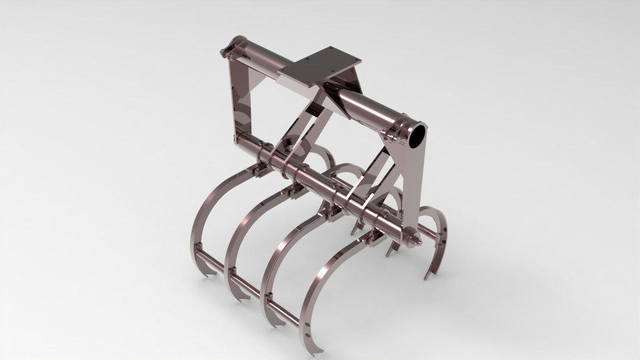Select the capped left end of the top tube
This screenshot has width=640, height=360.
227,49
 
